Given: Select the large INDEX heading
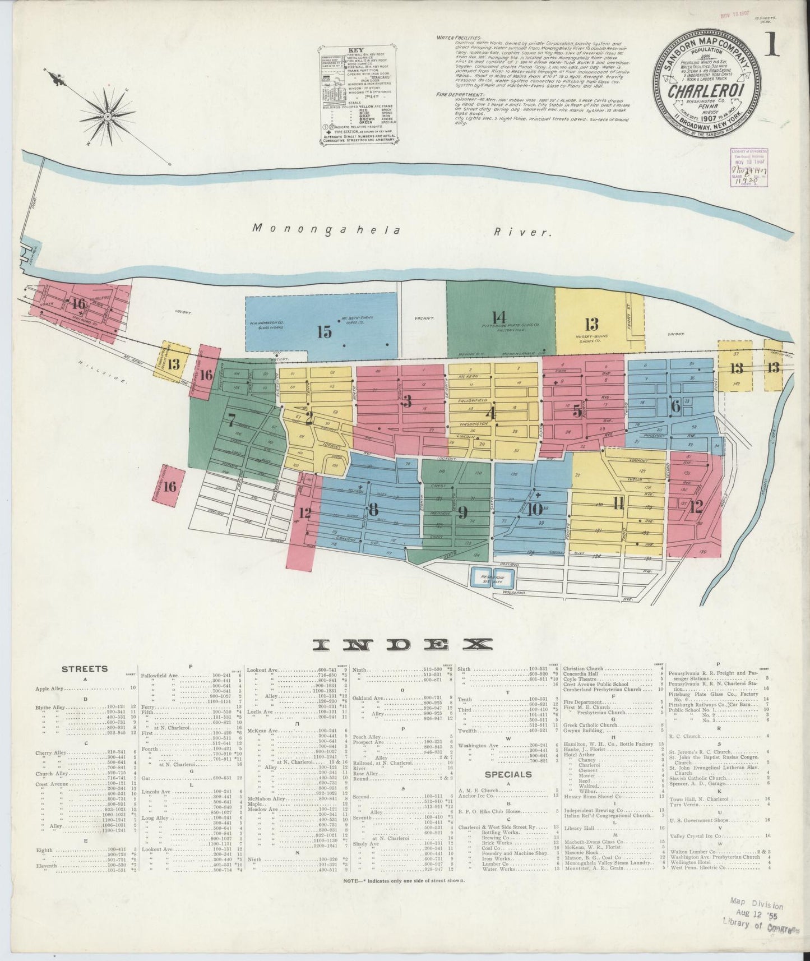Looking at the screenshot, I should [402, 645].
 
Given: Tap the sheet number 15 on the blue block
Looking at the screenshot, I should [324, 331].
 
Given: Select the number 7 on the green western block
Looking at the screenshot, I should [231, 419].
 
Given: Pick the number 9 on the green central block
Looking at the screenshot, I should [462, 511].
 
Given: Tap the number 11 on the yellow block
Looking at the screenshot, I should [618, 503].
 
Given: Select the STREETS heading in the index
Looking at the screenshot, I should [85, 669].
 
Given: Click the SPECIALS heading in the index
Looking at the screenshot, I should [508, 774].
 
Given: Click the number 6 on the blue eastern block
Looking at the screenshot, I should [675, 406].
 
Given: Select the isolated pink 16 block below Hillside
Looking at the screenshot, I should [169, 486].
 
